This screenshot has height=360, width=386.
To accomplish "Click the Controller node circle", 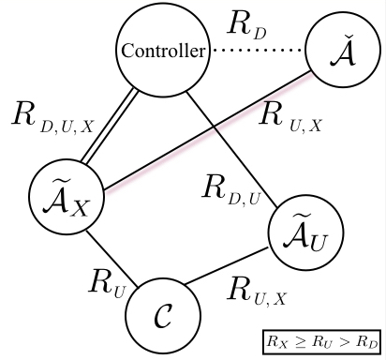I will coord(160,52).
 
